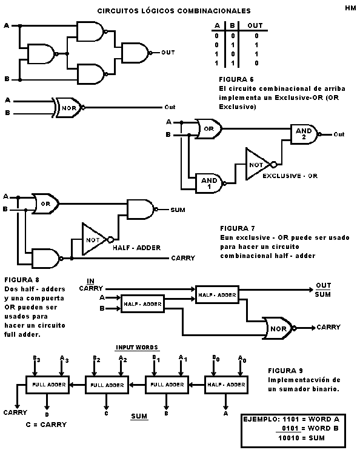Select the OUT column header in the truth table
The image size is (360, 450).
click(255, 26)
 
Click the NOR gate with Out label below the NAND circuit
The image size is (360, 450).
click(68, 107)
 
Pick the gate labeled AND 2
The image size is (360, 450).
click(304, 134)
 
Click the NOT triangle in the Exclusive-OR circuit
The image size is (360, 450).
click(257, 164)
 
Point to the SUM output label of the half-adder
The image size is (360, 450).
click(178, 210)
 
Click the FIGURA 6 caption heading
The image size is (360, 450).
click(236, 79)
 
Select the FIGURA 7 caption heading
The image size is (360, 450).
click(237, 229)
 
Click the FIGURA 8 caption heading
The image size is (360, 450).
click(22, 280)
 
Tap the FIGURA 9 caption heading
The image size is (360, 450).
click(285, 370)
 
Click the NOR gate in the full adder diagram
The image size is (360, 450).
click(277, 328)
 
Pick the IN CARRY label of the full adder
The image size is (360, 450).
click(91, 285)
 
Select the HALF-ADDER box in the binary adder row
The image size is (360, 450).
click(225, 384)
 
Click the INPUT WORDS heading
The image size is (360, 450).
click(137, 348)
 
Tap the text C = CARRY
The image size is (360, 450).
click(46, 425)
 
